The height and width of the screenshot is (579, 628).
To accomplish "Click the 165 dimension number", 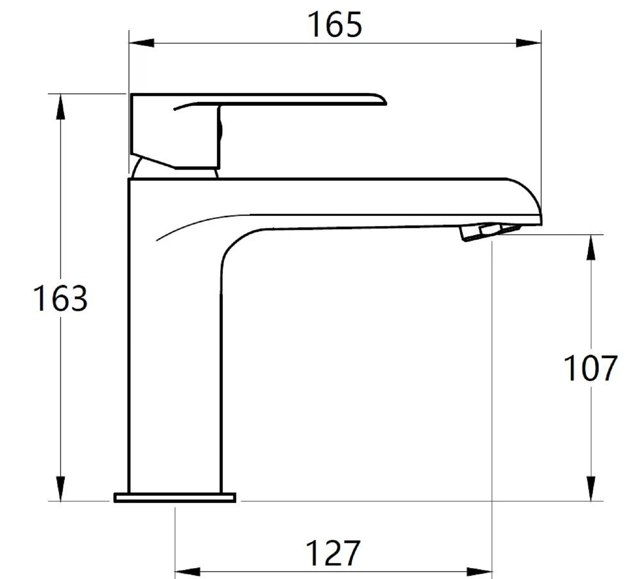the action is [335, 25].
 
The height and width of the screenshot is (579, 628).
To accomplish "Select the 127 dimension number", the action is [333, 553].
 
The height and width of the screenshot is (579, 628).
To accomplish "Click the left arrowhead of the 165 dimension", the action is [141, 43].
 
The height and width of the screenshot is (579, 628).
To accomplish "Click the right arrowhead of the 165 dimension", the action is [528, 43].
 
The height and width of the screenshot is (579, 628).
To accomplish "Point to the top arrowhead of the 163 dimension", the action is [60, 107].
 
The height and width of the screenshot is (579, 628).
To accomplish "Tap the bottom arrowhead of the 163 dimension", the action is [60, 489].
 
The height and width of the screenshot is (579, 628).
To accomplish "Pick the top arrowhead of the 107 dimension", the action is [591, 247].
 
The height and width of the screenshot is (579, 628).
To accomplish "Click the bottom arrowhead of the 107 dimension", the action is [591, 489].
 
